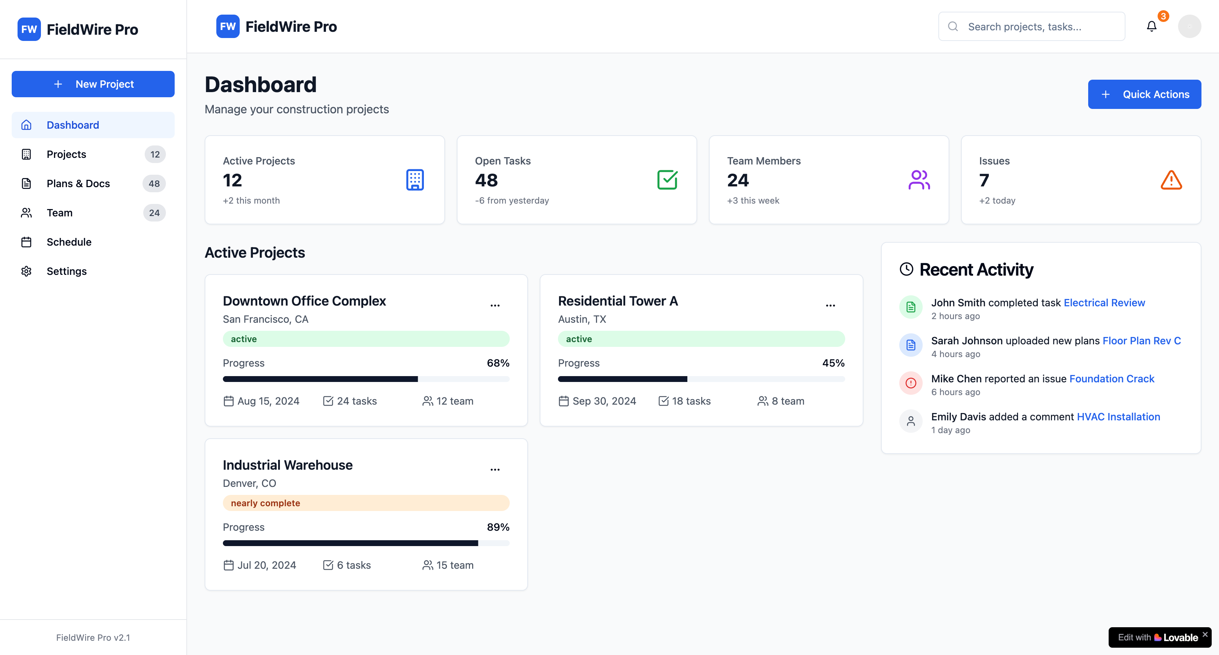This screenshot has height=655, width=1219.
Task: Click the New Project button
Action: point(93,84)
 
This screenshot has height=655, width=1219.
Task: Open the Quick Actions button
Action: point(1144,94)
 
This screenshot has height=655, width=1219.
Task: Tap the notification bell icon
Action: point(1152,27)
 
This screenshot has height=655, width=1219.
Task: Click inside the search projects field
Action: point(1032,27)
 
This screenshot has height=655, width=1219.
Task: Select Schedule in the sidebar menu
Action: point(69,242)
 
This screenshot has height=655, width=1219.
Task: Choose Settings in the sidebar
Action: point(67,271)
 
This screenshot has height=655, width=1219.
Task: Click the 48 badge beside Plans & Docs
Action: point(154,183)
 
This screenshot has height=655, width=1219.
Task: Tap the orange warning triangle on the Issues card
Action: point(1171,180)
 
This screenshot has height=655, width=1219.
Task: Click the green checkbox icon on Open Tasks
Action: point(667,180)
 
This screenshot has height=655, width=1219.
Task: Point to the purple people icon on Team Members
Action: point(919,180)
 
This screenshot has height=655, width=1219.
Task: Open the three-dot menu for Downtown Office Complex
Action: point(495,305)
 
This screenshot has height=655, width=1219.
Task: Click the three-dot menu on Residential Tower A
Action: point(831,305)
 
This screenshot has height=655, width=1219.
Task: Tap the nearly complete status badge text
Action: point(266,503)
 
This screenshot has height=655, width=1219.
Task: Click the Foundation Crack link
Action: point(1112,379)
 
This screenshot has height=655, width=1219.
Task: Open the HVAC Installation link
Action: point(1119,417)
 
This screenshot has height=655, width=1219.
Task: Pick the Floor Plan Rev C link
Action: point(1142,341)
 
